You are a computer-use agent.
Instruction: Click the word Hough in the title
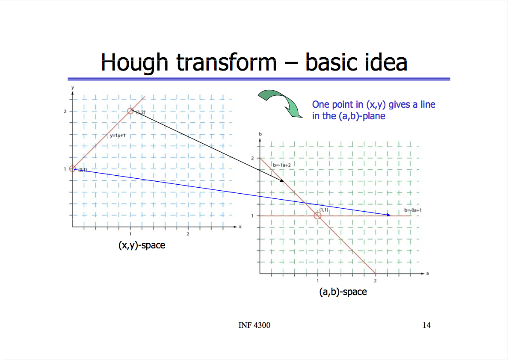click(x=134, y=62)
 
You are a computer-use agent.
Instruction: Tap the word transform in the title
click(x=226, y=62)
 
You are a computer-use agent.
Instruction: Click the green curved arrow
click(x=281, y=103)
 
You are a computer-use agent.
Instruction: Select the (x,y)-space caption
click(x=142, y=245)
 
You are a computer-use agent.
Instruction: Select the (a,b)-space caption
click(x=343, y=292)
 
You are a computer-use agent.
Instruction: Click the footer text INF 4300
click(x=254, y=325)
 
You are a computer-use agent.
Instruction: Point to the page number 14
click(x=426, y=325)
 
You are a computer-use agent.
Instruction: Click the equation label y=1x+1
click(x=118, y=136)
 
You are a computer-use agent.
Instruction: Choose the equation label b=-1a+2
click(x=282, y=165)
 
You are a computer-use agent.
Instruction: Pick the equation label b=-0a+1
click(x=413, y=210)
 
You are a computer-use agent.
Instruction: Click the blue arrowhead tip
click(x=391, y=215)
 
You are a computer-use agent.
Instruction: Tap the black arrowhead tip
click(x=284, y=181)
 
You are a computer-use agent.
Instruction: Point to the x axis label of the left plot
click(x=240, y=227)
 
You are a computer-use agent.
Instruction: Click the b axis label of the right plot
click(x=260, y=134)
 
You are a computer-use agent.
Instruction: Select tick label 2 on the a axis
click(x=375, y=281)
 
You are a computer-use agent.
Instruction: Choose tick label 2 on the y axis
click(x=65, y=111)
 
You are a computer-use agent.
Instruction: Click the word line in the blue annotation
click(x=428, y=104)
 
